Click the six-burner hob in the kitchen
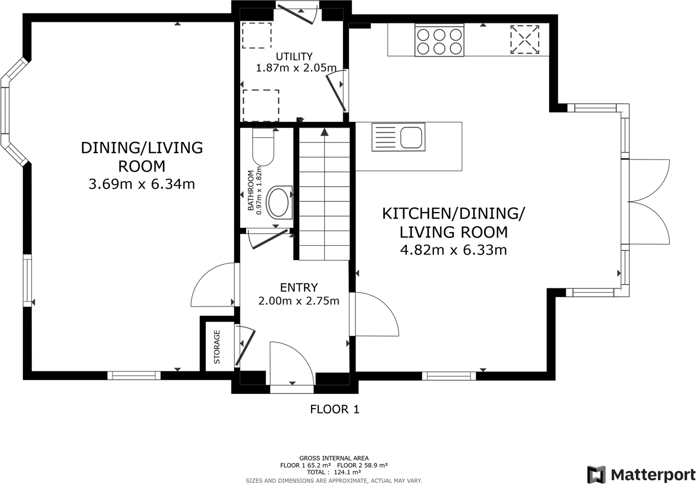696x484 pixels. click(x=439, y=41)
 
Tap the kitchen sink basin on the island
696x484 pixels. click(x=412, y=137)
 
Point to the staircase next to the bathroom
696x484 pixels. click(x=324, y=194)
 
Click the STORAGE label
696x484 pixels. click(x=217, y=347)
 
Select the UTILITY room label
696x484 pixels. click(x=294, y=56)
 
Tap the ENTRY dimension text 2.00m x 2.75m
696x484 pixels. click(x=299, y=301)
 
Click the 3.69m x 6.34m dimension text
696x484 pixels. click(x=141, y=184)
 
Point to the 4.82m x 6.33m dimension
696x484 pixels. click(x=454, y=251)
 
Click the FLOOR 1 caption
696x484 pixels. click(x=335, y=409)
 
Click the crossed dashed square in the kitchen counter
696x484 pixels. click(x=524, y=39)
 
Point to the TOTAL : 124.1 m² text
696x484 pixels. click(x=334, y=472)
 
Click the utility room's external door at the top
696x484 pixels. click(x=298, y=13)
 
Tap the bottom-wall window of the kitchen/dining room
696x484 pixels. click(x=449, y=376)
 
